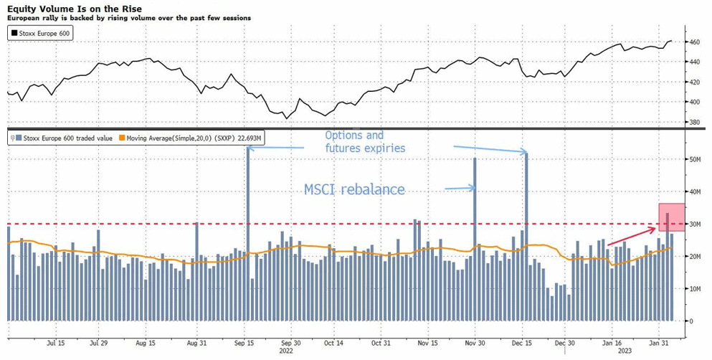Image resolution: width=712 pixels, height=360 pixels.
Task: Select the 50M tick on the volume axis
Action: click(693, 159)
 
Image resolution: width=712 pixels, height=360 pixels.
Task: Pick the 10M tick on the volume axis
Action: click(693, 288)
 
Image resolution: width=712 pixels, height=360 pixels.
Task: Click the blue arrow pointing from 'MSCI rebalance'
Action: click(458, 189)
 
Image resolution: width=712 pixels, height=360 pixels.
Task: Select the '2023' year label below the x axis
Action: click(625, 351)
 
